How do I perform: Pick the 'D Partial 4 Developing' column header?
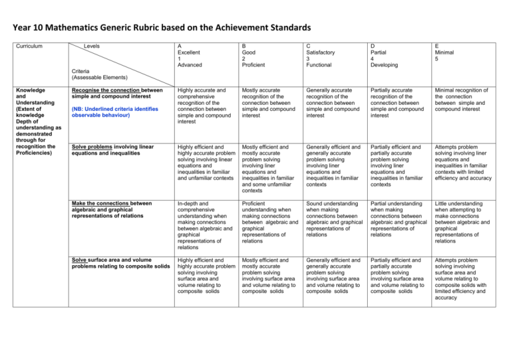(393, 56)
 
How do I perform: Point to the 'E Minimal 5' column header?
(453, 52)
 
